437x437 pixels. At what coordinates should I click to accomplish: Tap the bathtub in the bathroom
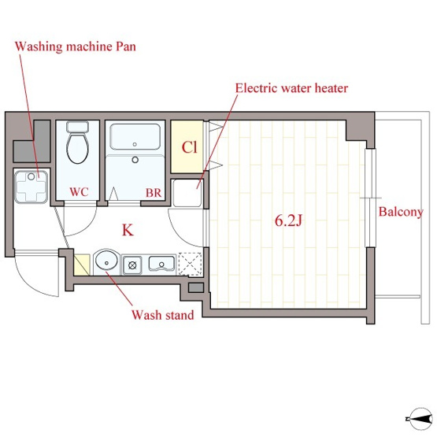135,137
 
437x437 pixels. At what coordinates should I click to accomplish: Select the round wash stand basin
106,261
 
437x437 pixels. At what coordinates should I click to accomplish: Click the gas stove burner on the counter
132,265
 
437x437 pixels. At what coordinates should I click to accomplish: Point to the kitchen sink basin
161,263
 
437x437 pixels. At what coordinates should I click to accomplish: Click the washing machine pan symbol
31,187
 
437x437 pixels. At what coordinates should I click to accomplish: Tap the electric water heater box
187,193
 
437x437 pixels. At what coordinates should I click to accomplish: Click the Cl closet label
190,147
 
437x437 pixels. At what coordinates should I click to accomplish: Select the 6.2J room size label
288,220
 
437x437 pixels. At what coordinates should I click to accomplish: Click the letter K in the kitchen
128,230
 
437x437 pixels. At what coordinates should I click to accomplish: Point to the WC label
80,192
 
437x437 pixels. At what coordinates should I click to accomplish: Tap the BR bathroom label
154,193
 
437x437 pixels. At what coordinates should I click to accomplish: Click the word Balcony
401,212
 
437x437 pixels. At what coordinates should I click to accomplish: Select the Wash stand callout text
163,315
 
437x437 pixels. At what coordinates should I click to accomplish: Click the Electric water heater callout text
291,88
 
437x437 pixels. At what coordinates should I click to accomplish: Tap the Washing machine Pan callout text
76,46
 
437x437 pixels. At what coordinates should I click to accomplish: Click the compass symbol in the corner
420,418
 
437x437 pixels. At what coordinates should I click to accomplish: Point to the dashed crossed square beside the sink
190,264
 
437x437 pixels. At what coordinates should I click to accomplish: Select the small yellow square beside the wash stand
82,265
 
